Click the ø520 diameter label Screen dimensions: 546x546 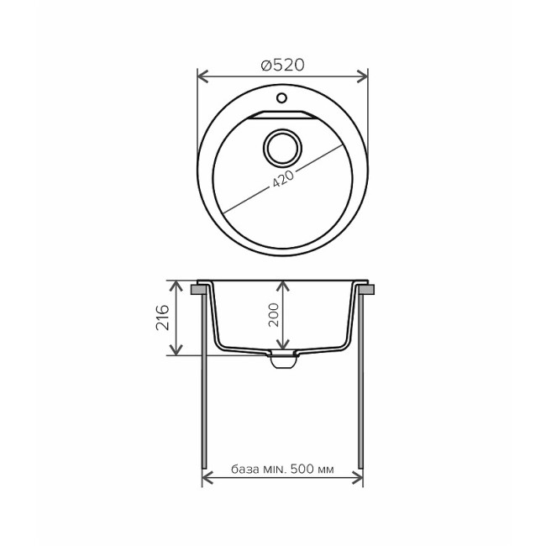[x=282, y=65]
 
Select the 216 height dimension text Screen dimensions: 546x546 [x=163, y=318]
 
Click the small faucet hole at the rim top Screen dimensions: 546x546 [x=283, y=99]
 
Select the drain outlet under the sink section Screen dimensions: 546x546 [x=282, y=360]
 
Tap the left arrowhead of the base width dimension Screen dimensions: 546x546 [x=207, y=479]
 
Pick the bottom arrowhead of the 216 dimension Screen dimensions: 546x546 [x=176, y=350]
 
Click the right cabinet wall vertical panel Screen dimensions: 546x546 [x=362, y=378]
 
